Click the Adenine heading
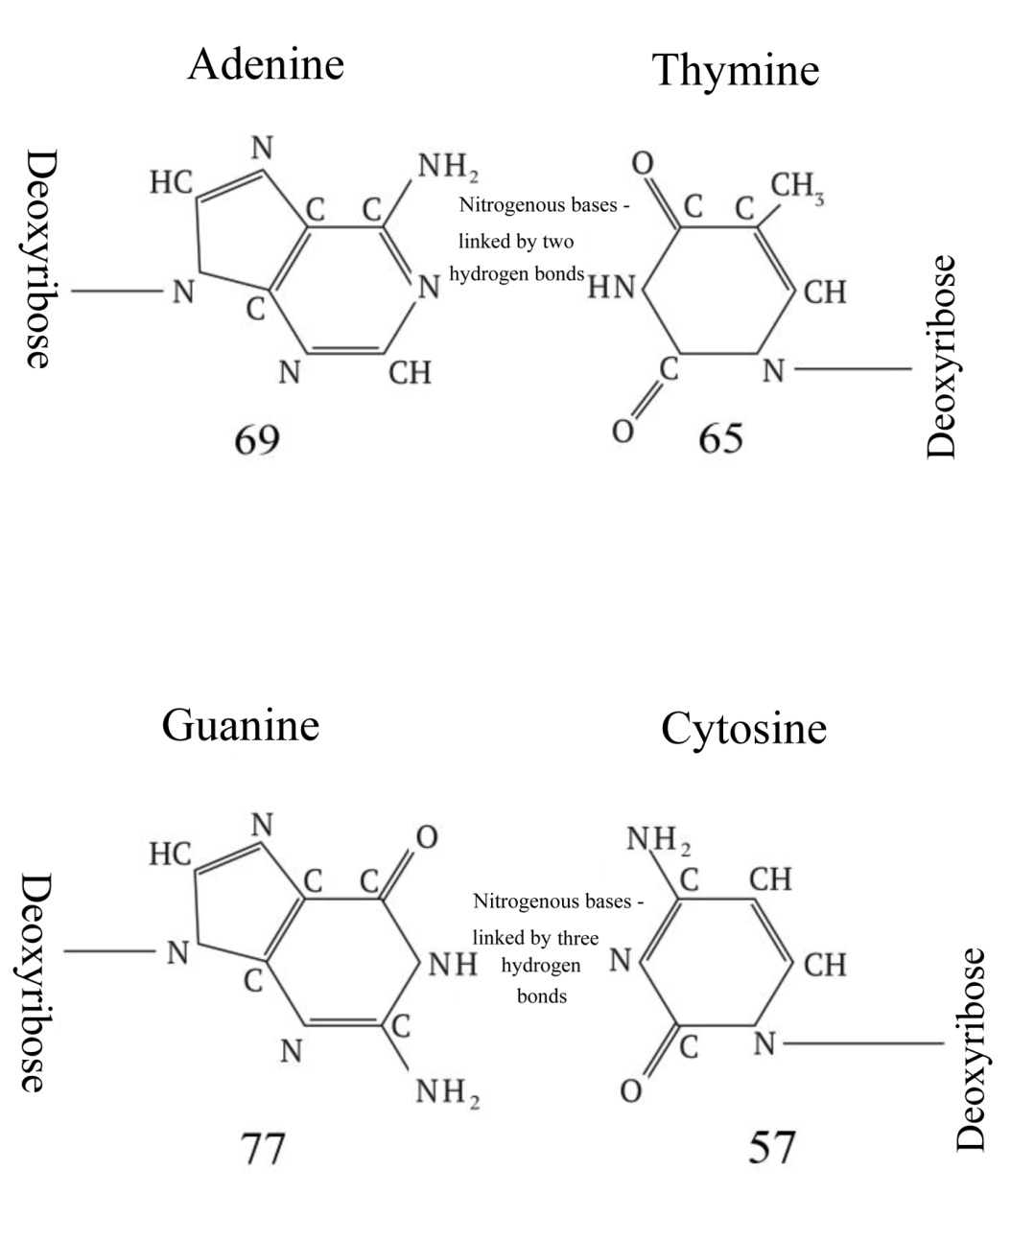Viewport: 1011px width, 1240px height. [266, 64]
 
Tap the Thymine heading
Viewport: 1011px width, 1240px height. [736, 70]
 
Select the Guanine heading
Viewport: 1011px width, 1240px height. [240, 724]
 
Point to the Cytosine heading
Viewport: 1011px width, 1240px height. [743, 729]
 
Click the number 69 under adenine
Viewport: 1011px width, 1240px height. [257, 439]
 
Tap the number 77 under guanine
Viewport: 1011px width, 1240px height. [262, 1146]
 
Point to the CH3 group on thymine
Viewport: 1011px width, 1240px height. [797, 186]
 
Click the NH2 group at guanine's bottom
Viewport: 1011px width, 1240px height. [446, 1091]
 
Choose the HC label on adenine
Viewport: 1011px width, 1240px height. [171, 181]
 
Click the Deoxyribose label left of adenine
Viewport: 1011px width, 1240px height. [35, 259]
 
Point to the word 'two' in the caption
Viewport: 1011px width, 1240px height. [557, 241]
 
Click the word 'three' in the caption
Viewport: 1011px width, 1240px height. [576, 938]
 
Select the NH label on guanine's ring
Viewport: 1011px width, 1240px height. [452, 964]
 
